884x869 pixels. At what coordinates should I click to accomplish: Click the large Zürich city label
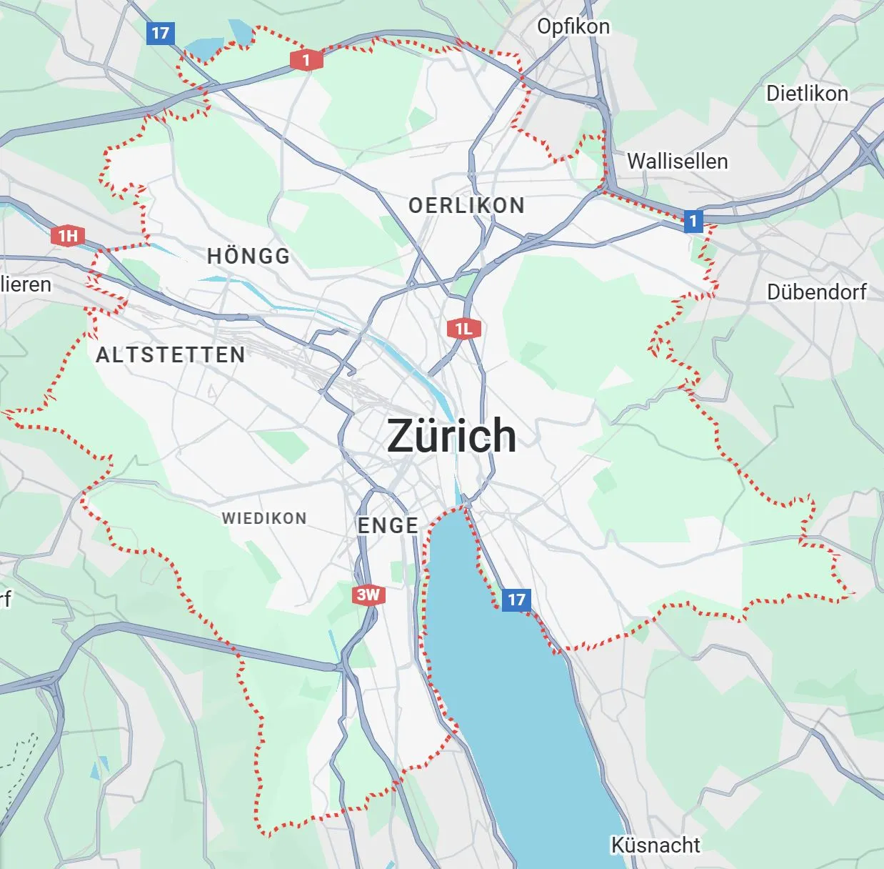pos(451,435)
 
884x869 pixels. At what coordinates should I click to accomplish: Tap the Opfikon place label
pos(573,26)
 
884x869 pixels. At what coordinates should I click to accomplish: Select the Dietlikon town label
pos(807,93)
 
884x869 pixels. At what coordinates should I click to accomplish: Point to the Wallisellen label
pos(677,161)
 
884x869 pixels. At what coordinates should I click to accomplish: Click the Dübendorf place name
pos(816,292)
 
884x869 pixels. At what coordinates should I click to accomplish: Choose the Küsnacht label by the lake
pos(655,845)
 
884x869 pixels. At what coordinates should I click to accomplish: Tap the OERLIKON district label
pos(466,206)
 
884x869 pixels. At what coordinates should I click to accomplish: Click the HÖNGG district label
pos(248,256)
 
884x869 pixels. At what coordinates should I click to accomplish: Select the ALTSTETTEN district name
pos(171,354)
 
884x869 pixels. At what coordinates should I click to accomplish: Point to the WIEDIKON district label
pos(264,518)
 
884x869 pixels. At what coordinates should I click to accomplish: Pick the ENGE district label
pos(388,525)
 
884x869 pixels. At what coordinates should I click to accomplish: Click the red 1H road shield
pos(68,236)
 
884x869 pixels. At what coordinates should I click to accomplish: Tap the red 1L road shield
pos(463,329)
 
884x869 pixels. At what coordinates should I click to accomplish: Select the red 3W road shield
pos(368,595)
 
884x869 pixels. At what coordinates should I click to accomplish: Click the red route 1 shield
pos(306,60)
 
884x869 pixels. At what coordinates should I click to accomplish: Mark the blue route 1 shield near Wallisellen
pos(693,221)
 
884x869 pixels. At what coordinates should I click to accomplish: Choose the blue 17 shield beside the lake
pos(516,600)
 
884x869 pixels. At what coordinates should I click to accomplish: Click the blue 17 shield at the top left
pos(160,33)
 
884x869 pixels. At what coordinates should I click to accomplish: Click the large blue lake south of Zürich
pos(514,686)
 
